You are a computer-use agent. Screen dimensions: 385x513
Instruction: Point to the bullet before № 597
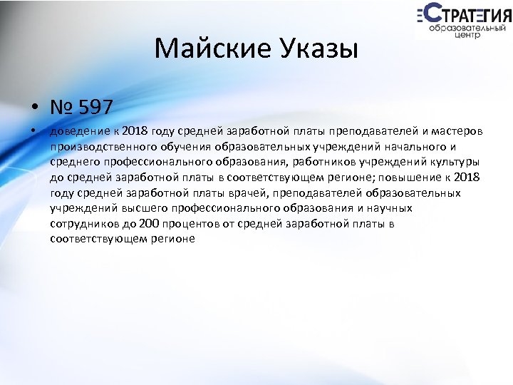point(34,108)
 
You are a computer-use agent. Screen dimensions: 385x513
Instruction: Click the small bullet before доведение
point(33,132)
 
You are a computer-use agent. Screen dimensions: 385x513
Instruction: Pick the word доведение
point(76,132)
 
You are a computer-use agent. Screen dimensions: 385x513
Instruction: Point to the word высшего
point(133,208)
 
